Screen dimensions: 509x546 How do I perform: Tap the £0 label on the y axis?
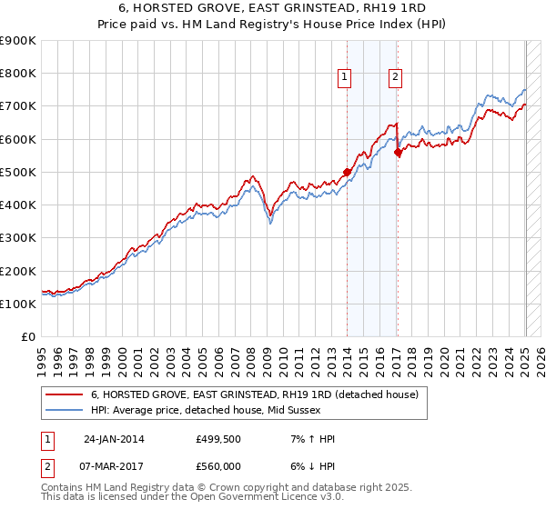pos(27,337)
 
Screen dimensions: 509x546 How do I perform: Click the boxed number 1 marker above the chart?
pos(347,78)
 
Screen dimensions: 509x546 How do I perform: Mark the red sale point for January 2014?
pos(347,171)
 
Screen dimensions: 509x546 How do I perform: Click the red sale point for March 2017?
pos(398,153)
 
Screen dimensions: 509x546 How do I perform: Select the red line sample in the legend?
pos(65,394)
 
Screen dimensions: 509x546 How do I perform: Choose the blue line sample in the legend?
pos(65,410)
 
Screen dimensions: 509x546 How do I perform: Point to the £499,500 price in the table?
pos(217,439)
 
